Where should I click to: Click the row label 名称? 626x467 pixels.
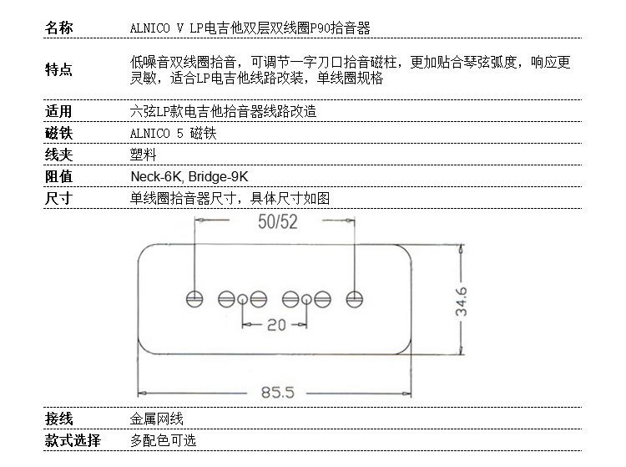(58, 28)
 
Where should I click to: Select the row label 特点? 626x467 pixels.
(58, 70)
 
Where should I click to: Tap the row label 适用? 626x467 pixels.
(58, 111)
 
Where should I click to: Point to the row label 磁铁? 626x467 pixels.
(58, 133)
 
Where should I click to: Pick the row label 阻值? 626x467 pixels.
(58, 176)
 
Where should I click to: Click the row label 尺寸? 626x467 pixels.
(58, 198)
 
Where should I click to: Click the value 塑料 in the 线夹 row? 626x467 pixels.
(143, 155)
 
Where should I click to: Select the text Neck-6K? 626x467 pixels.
(156, 176)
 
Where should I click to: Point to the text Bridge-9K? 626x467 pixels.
(218, 176)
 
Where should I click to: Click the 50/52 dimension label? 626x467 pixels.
(277, 222)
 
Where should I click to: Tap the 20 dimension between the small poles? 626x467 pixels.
(275, 325)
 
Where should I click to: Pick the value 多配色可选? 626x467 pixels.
(163, 440)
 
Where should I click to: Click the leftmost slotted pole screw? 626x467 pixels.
(194, 297)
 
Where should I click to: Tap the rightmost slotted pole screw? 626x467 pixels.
(356, 297)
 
